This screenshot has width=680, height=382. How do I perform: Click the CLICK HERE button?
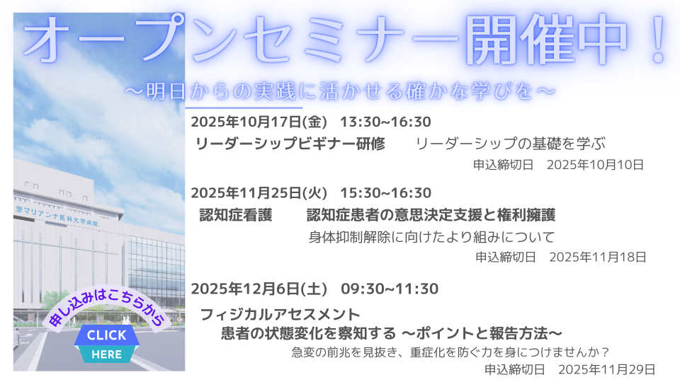(x=107, y=345)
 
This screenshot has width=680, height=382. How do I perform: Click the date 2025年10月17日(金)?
(x=259, y=122)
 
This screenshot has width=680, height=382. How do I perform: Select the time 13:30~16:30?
(x=385, y=122)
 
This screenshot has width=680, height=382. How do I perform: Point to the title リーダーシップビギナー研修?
(x=290, y=144)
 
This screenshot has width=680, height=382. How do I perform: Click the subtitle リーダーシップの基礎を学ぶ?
(x=511, y=144)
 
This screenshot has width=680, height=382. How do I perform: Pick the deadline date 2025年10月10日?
(x=595, y=165)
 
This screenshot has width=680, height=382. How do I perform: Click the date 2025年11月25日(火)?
(x=259, y=193)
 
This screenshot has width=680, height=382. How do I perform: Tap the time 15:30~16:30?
(x=385, y=193)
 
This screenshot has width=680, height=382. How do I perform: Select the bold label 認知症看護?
(x=235, y=215)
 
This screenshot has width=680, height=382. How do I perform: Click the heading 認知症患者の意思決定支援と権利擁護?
(x=431, y=215)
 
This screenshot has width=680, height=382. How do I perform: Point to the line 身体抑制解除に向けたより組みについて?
(x=432, y=237)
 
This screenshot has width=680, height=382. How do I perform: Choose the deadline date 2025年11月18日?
(x=598, y=257)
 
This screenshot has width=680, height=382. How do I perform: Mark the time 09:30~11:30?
(x=390, y=289)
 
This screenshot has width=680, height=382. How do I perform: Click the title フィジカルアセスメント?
(x=280, y=314)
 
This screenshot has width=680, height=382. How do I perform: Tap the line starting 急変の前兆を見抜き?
(x=450, y=352)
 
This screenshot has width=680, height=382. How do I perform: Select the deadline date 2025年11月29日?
(x=607, y=369)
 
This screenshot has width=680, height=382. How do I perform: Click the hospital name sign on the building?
(x=57, y=216)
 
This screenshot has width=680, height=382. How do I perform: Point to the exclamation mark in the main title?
(x=657, y=40)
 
